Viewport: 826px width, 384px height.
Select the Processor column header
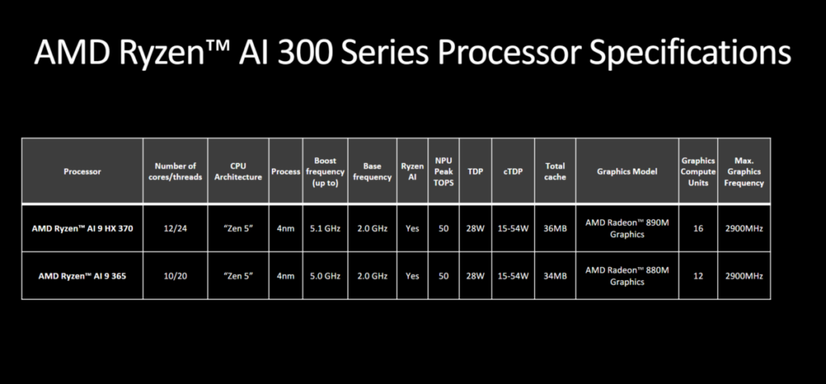82,172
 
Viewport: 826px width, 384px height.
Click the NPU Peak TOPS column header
444,172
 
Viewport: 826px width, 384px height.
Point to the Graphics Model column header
627,172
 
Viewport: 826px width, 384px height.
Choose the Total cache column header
555,172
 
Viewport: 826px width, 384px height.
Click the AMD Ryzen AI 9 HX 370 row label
82,228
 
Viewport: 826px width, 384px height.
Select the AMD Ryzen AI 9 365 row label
82,275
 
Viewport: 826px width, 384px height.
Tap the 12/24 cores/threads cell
175,228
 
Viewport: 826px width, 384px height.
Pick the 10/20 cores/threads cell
175,275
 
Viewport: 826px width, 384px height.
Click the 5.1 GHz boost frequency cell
325,228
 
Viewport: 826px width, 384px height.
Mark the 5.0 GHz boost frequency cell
325,275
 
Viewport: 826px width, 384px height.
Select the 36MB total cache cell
555,228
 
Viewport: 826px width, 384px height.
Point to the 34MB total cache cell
555,275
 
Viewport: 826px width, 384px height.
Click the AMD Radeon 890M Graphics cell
627,228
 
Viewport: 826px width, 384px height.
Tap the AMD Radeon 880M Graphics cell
627,275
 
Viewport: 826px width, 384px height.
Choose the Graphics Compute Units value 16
698,228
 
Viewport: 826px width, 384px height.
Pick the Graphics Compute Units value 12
698,275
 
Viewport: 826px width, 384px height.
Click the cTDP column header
512,172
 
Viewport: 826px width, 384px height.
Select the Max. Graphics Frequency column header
744,172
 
